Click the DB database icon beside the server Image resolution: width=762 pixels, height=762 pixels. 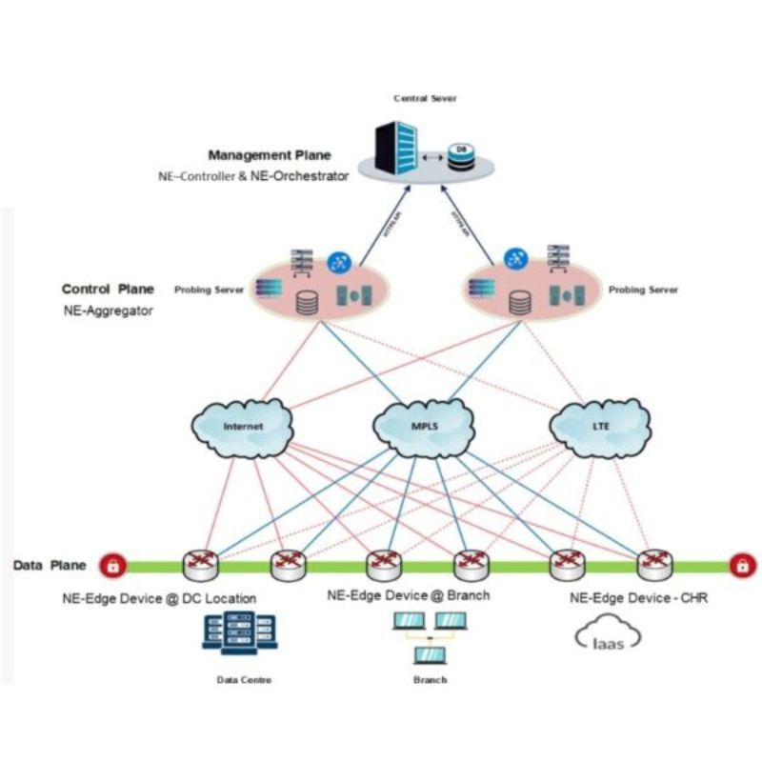pos(461,154)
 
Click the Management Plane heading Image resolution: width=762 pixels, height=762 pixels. pos(270,155)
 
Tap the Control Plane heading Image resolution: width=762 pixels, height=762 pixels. pos(108,290)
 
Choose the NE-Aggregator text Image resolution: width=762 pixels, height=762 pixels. pos(107,311)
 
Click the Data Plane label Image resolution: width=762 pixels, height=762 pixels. pos(50,565)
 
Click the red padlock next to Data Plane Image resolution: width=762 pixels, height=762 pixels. pos(112,566)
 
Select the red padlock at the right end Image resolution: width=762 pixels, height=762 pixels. pos(739,566)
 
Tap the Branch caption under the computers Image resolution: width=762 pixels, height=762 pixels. pos(430,680)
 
